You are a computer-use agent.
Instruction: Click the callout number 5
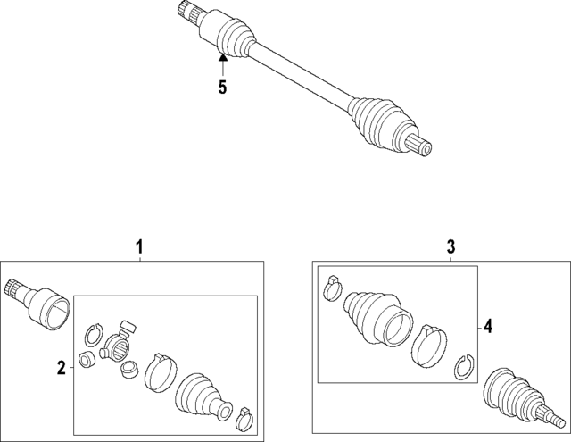(222, 88)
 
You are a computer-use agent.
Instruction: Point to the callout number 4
(488, 328)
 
